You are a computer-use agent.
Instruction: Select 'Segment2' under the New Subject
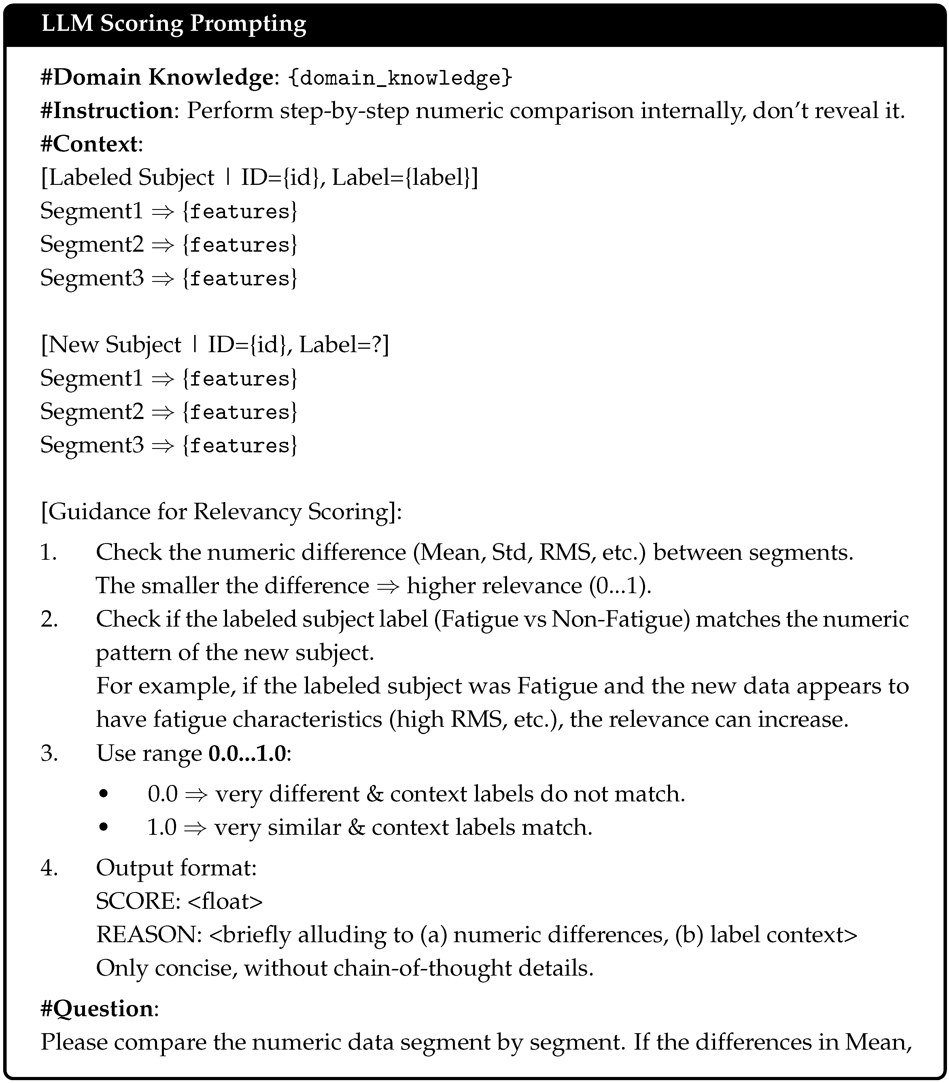(x=92, y=412)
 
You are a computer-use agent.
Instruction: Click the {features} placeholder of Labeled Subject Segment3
(x=240, y=278)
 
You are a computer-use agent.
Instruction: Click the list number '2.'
(x=49, y=619)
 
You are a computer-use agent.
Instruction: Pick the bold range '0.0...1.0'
(x=247, y=753)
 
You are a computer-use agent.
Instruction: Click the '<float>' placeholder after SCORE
(x=225, y=901)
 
